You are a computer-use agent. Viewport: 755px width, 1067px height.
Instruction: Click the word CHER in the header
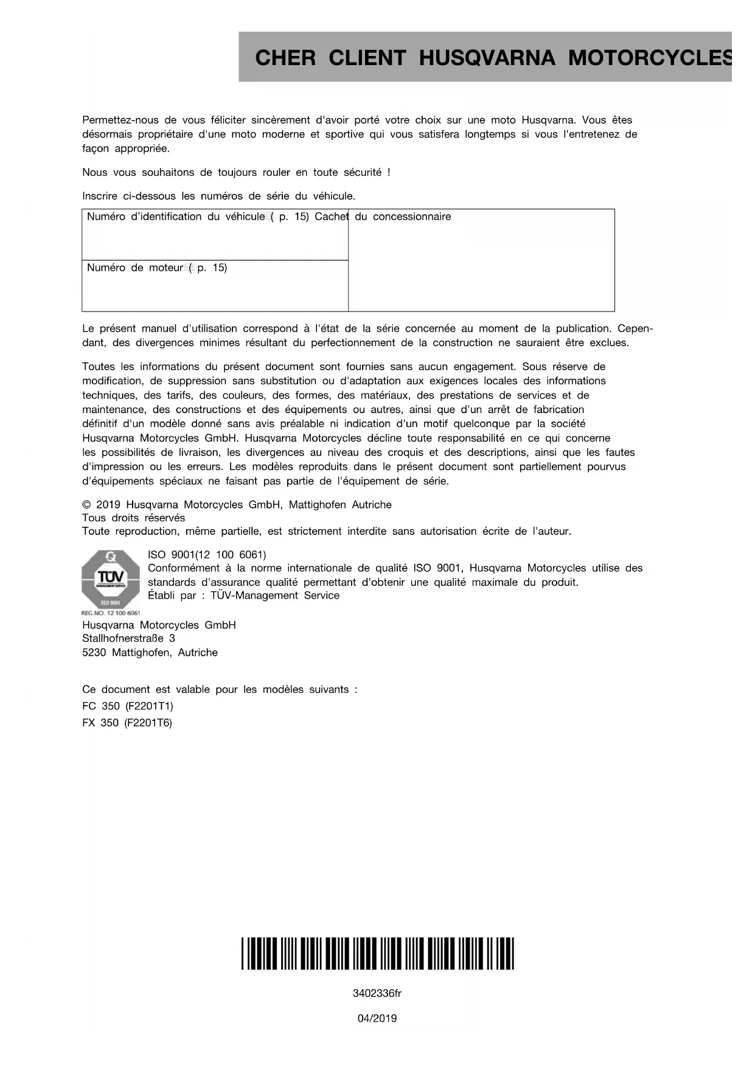285,58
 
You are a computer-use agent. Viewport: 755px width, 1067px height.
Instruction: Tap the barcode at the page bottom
377,953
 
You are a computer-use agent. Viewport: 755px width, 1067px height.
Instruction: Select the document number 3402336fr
377,994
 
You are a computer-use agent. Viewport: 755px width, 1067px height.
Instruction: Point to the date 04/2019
377,1018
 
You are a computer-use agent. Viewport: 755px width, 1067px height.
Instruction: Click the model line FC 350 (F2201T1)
128,706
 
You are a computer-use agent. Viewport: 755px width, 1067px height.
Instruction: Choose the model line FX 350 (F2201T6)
127,723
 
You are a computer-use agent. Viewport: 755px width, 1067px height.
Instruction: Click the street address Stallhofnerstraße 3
128,639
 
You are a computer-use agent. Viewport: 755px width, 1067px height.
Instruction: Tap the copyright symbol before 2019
86,505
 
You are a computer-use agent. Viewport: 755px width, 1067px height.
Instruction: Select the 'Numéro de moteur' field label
134,268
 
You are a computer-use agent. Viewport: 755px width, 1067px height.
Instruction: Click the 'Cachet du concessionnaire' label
383,217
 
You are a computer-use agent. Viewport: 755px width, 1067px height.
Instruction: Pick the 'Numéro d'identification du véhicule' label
175,217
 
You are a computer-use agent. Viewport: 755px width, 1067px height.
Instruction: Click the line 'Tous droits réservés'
133,518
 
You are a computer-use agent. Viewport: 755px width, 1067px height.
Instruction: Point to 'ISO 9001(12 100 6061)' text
207,555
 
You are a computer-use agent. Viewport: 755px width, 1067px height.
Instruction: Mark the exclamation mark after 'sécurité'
389,173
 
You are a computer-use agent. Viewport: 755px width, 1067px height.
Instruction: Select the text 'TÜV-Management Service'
275,596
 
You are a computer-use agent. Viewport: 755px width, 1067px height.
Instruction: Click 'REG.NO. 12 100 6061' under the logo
111,613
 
